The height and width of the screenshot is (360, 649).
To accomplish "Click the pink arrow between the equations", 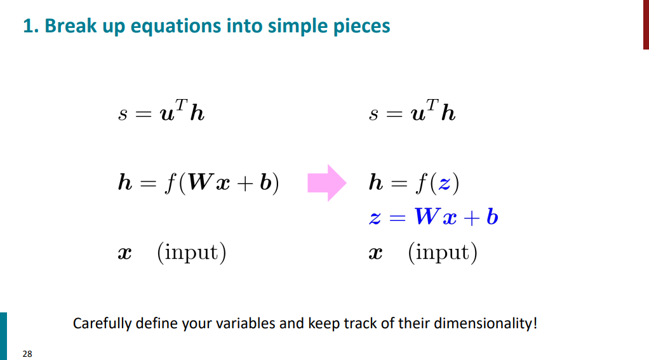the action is click(x=327, y=183).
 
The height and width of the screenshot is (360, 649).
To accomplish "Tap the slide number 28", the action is click(x=27, y=354).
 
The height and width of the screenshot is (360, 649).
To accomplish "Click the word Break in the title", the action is click(x=70, y=25).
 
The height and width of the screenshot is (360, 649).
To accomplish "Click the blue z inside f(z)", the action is click(x=445, y=183).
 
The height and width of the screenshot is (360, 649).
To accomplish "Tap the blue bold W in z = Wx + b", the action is click(x=427, y=216).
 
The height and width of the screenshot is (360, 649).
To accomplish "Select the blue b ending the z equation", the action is click(x=492, y=216).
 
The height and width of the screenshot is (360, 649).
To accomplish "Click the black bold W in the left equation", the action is click(x=201, y=182).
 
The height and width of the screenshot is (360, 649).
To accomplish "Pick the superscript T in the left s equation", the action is click(x=181, y=104).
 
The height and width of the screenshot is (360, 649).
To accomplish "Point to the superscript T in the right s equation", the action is click(x=432, y=104).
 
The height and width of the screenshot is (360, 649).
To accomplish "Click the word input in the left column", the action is click(x=191, y=253).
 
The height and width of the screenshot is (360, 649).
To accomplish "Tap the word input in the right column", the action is click(x=442, y=253).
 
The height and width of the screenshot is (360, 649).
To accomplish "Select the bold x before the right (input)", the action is click(x=375, y=253).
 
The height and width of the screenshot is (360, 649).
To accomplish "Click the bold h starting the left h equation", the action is click(x=125, y=182).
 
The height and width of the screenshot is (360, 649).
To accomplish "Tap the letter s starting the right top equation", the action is click(x=374, y=114).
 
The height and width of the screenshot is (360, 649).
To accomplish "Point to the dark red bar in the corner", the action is click(x=646, y=24).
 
